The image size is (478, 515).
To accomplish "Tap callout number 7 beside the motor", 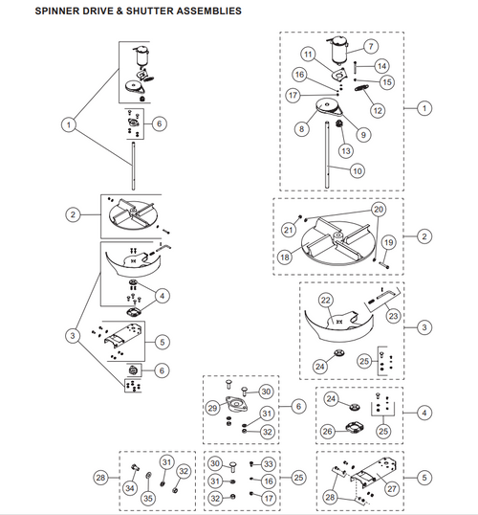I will [x=372, y=46].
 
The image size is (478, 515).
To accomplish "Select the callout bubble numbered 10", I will [x=357, y=171].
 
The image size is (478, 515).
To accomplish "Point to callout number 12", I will [x=378, y=111].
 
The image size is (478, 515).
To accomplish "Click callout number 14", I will [x=381, y=66].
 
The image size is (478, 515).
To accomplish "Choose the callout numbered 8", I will [x=302, y=128].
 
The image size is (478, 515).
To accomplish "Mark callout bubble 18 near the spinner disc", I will [x=286, y=257].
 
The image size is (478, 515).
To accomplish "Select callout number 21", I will [x=288, y=230].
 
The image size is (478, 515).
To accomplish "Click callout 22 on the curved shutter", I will [x=326, y=302].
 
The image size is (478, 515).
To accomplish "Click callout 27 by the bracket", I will [x=391, y=487].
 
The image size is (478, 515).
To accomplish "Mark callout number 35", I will [x=148, y=498].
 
